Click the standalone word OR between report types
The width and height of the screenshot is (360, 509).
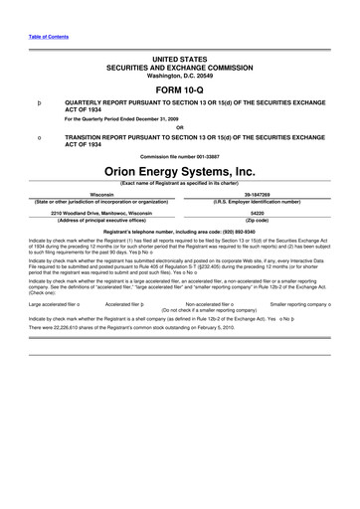(x=180, y=126)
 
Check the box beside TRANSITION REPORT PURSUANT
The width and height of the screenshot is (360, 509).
(x=38, y=135)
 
